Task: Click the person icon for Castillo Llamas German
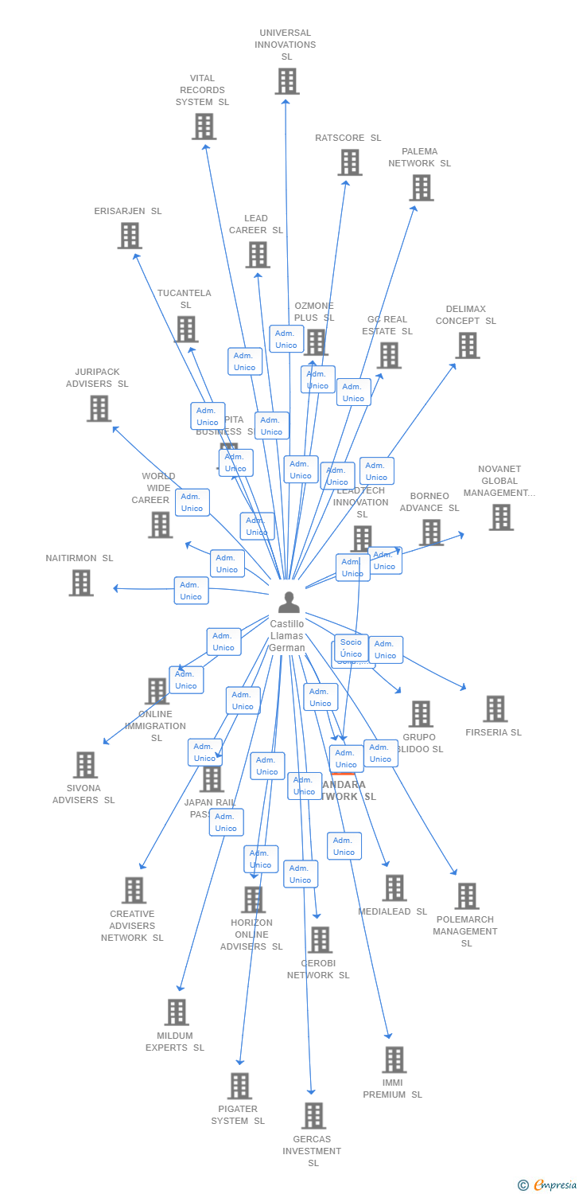click(x=289, y=602)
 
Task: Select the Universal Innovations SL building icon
click(x=287, y=81)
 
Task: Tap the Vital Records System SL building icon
click(x=204, y=127)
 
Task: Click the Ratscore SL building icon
click(x=349, y=162)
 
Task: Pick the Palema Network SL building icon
click(x=421, y=188)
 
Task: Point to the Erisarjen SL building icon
click(x=129, y=236)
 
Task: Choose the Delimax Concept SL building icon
click(x=467, y=345)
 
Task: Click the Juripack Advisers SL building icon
click(x=99, y=408)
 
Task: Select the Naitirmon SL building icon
click(x=80, y=583)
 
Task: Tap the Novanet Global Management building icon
click(x=500, y=517)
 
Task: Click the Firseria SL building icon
click(x=495, y=708)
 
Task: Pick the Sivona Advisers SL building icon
click(x=84, y=765)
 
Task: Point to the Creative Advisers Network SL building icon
click(x=134, y=890)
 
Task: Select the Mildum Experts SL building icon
click(x=176, y=1013)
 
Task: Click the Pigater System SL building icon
click(x=239, y=1086)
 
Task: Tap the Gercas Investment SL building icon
click(x=313, y=1116)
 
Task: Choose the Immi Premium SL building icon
click(x=394, y=1059)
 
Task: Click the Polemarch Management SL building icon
click(x=466, y=896)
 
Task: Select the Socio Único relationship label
click(x=351, y=648)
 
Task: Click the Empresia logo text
click(x=554, y=1185)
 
